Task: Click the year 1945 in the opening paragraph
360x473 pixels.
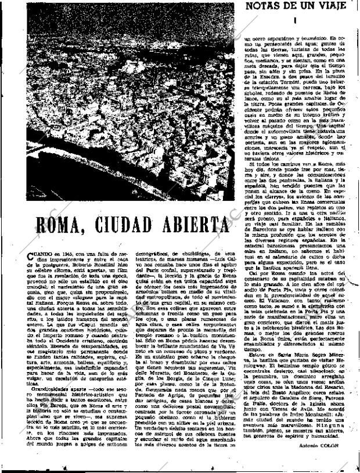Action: point(57,254)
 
